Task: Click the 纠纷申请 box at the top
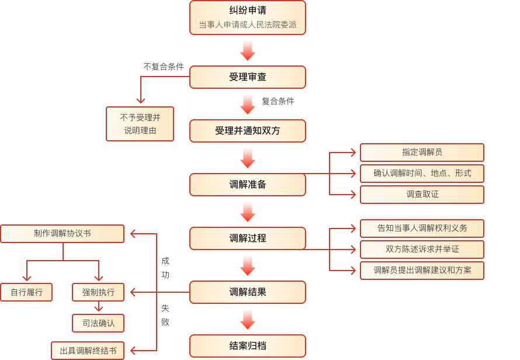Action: pyautogui.click(x=247, y=18)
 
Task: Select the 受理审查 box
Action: pyautogui.click(x=247, y=77)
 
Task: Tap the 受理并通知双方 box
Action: pyautogui.click(x=247, y=131)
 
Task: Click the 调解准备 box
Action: pyautogui.click(x=247, y=185)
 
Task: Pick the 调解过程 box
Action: pyautogui.click(x=247, y=238)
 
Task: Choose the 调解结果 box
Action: pyautogui.click(x=247, y=292)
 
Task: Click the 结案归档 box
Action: pyautogui.click(x=247, y=346)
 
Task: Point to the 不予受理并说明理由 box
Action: pyautogui.click(x=140, y=124)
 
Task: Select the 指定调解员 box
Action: pyautogui.click(x=422, y=153)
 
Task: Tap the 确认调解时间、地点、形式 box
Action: pyautogui.click(x=422, y=174)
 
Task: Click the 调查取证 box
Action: pyautogui.click(x=422, y=195)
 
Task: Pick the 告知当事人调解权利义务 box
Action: pyautogui.click(x=422, y=229)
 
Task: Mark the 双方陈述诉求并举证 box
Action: pyautogui.click(x=422, y=250)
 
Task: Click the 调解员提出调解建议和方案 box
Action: pyautogui.click(x=422, y=271)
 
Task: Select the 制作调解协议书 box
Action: pyautogui.click(x=62, y=234)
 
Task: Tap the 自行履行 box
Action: pyautogui.click(x=26, y=292)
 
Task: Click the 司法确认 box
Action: pyautogui.click(x=98, y=323)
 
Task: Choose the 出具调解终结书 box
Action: pyautogui.click(x=88, y=351)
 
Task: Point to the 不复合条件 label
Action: pyautogui.click(x=164, y=67)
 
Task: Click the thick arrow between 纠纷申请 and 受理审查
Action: pyautogui.click(x=248, y=50)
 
